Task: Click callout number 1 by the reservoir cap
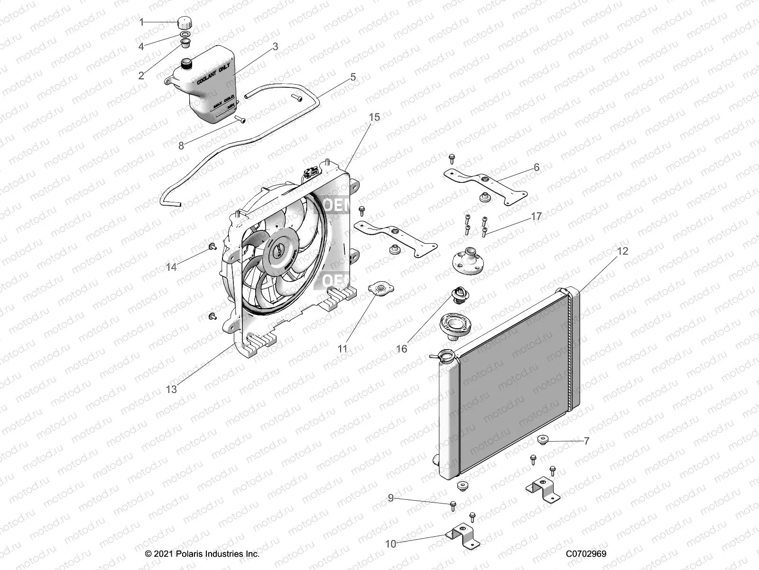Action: (141, 22)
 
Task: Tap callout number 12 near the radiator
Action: (622, 251)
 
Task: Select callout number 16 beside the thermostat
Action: (401, 349)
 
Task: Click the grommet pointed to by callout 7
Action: (543, 439)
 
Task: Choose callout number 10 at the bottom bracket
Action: (390, 544)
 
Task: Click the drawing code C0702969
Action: (586, 554)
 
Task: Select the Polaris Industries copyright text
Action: (202, 554)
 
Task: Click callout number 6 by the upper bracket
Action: (537, 167)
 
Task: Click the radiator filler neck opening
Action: (447, 355)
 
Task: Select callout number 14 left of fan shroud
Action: (171, 267)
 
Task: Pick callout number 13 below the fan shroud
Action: (171, 389)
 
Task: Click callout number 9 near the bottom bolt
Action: (390, 498)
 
